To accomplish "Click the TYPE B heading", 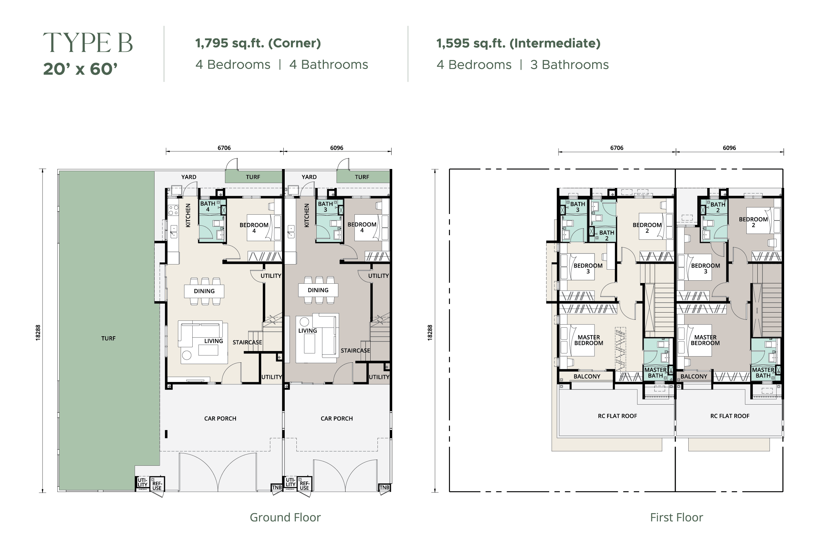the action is [x=88, y=43].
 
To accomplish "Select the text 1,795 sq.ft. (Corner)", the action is [x=258, y=43].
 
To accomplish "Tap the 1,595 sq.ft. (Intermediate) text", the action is [x=518, y=43].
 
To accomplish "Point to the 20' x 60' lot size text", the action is [x=80, y=69].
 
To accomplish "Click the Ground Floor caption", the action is [x=285, y=517].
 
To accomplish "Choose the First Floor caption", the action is [x=677, y=517].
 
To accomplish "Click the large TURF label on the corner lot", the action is [x=108, y=338].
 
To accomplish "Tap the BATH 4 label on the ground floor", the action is [x=207, y=206].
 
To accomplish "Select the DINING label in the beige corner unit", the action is [x=204, y=291].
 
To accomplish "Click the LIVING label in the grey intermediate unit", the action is [x=308, y=330].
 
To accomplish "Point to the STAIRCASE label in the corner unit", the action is [x=247, y=342].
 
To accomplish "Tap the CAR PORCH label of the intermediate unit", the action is [x=337, y=418].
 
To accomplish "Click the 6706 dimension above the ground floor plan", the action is [x=224, y=148].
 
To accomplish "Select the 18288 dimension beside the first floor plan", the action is [x=430, y=332].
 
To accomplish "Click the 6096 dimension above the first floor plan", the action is [x=729, y=148].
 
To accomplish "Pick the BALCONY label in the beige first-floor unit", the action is [x=587, y=376].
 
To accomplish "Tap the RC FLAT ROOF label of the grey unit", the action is [x=730, y=416].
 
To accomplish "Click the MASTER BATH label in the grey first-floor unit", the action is [x=763, y=373].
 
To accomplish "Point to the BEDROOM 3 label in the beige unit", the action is [x=588, y=268].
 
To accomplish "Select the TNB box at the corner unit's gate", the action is [x=277, y=487].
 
